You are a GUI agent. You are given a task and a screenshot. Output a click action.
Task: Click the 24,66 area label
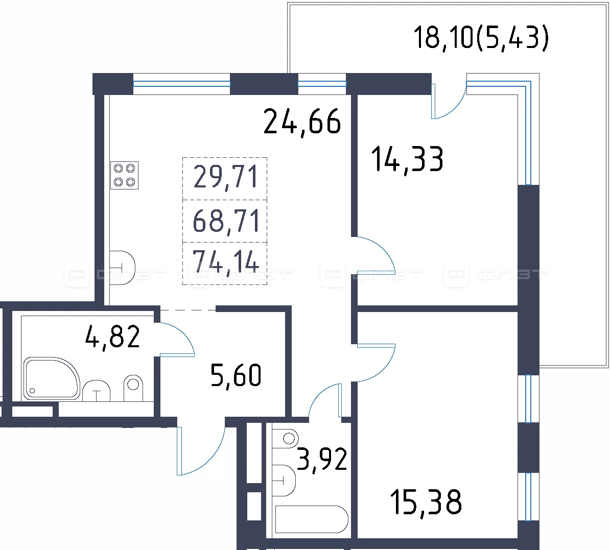[302, 122]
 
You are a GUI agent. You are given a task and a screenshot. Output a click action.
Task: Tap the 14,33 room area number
[407, 159]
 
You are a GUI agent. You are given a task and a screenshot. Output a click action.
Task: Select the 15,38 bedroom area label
[426, 502]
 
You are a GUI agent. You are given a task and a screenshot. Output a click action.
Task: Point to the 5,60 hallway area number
[236, 374]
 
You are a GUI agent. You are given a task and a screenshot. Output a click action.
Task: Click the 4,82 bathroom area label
[112, 337]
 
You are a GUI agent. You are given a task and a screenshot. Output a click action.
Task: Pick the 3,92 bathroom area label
[322, 460]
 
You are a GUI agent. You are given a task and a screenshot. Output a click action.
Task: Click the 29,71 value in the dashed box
[226, 176]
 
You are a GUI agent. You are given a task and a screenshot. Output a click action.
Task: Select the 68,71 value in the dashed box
[226, 221]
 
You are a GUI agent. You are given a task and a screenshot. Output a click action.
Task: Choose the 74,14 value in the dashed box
[226, 261]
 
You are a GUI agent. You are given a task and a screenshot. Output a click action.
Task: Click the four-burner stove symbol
[125, 176]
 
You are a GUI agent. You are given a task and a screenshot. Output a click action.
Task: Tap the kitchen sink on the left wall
[122, 268]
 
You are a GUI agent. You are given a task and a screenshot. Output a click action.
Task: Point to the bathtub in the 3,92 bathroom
[311, 519]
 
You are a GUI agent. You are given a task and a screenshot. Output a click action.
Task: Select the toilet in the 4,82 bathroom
[133, 388]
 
